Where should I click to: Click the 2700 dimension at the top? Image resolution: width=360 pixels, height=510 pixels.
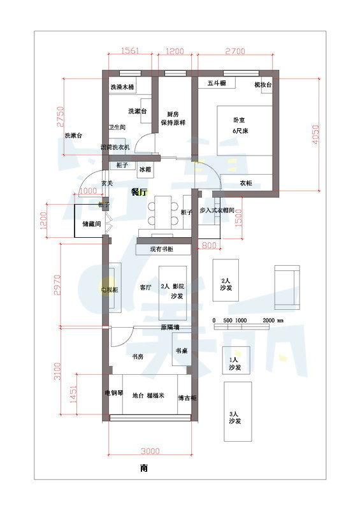(x=236, y=50)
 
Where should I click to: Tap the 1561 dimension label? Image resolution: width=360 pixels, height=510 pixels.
(x=130, y=50)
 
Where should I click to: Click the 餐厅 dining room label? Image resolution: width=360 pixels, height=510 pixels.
(x=140, y=191)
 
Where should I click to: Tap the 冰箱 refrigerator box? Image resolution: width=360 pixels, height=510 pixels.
(x=145, y=170)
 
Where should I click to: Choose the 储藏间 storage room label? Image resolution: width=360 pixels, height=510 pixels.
(x=92, y=224)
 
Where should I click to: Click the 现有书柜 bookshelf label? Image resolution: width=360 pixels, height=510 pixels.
(x=162, y=249)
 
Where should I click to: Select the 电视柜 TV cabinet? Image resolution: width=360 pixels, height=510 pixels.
(x=111, y=289)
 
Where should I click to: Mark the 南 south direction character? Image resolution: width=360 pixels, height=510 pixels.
(x=145, y=468)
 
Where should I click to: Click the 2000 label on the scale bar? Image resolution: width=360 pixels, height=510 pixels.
(x=268, y=320)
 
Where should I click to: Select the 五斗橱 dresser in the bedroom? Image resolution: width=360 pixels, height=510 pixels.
(x=217, y=83)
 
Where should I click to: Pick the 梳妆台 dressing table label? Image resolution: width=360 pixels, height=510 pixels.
(x=263, y=84)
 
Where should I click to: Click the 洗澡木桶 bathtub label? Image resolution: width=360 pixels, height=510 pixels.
(x=122, y=87)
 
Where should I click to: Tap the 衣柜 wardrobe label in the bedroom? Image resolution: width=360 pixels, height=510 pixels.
(x=245, y=183)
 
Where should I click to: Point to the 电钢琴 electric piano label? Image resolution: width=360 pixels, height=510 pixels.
(x=113, y=393)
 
